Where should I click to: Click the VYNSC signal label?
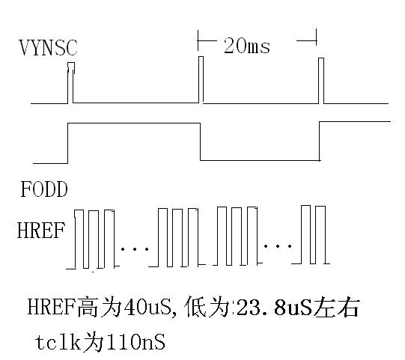click(x=48, y=47)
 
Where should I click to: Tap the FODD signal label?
click(x=44, y=189)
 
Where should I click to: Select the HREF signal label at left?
click(x=41, y=231)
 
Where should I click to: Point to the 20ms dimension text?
click(x=246, y=46)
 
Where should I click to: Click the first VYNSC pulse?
click(x=70, y=82)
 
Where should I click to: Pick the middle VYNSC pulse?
click(x=201, y=79)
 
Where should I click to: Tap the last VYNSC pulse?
click(x=321, y=81)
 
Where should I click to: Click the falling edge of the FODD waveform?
click(x=201, y=141)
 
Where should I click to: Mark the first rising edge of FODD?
click(x=67, y=144)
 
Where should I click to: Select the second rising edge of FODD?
click(x=320, y=141)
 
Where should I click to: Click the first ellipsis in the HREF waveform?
click(x=134, y=249)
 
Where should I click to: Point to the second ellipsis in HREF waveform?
click(x=278, y=246)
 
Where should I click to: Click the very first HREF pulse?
click(x=79, y=239)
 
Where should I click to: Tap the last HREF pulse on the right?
click(x=320, y=235)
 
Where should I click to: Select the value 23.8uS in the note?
click(x=274, y=308)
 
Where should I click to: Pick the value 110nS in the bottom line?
click(x=135, y=342)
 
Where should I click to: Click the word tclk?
click(x=58, y=342)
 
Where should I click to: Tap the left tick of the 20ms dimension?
click(x=198, y=40)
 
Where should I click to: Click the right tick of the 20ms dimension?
click(x=316, y=37)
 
